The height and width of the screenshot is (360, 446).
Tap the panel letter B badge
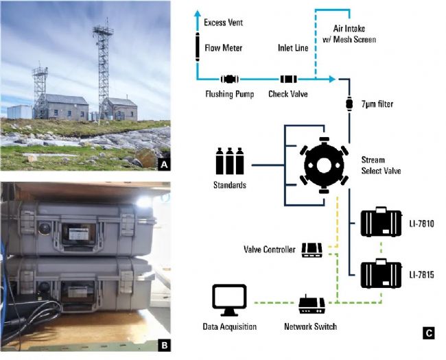(164, 344)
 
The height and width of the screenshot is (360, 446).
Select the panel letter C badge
(428, 333)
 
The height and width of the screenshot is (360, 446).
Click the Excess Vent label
(224, 23)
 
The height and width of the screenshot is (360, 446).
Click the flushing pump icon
(228, 80)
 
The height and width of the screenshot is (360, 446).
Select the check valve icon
(287, 80)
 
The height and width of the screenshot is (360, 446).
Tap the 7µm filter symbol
(349, 104)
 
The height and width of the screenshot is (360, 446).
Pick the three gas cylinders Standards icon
(229, 162)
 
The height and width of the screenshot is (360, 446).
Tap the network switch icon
(311, 302)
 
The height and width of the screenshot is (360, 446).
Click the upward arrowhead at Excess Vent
(197, 13)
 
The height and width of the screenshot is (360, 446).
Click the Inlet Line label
(293, 49)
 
